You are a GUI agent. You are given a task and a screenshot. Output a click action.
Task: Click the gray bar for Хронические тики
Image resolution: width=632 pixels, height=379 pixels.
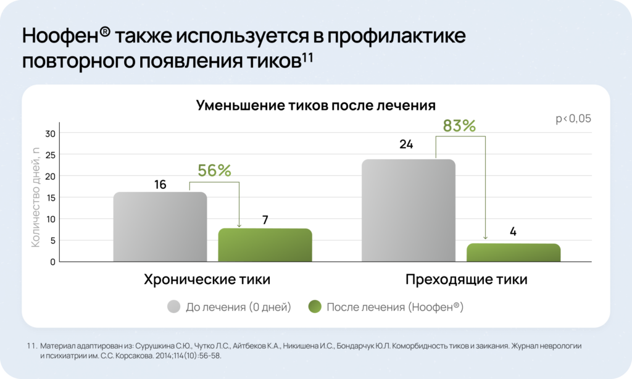tap(160, 227)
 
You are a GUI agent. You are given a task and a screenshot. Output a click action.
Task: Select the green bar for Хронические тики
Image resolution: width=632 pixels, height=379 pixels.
tap(265, 245)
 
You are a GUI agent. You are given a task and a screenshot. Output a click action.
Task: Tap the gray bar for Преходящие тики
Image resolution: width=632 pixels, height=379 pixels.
tap(409, 210)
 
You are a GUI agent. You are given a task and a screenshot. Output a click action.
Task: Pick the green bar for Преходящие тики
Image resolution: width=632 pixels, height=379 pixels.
tap(513, 252)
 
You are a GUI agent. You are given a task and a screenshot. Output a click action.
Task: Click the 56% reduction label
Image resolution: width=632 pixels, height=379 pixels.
tap(214, 171)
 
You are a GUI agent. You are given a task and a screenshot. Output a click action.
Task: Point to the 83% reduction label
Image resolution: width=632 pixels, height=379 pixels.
tap(459, 126)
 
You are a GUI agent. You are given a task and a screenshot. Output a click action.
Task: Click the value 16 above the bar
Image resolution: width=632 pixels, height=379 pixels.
tap(160, 185)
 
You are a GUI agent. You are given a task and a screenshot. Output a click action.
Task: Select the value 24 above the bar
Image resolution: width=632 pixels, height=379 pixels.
tap(406, 144)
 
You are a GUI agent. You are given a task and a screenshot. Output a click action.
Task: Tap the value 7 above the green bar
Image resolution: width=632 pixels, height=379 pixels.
tap(265, 220)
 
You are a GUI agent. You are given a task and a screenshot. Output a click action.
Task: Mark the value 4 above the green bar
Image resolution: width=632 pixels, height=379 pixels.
tap(513, 233)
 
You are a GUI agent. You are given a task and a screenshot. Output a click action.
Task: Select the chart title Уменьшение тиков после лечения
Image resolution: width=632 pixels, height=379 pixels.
tap(316, 105)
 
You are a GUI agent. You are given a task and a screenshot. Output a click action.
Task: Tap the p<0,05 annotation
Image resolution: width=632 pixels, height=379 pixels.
tap(573, 119)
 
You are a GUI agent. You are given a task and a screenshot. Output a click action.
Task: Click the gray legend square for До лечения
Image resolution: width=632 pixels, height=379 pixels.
tap(173, 307)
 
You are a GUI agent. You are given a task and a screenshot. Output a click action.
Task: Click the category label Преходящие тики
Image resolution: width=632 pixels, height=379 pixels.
tap(466, 279)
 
